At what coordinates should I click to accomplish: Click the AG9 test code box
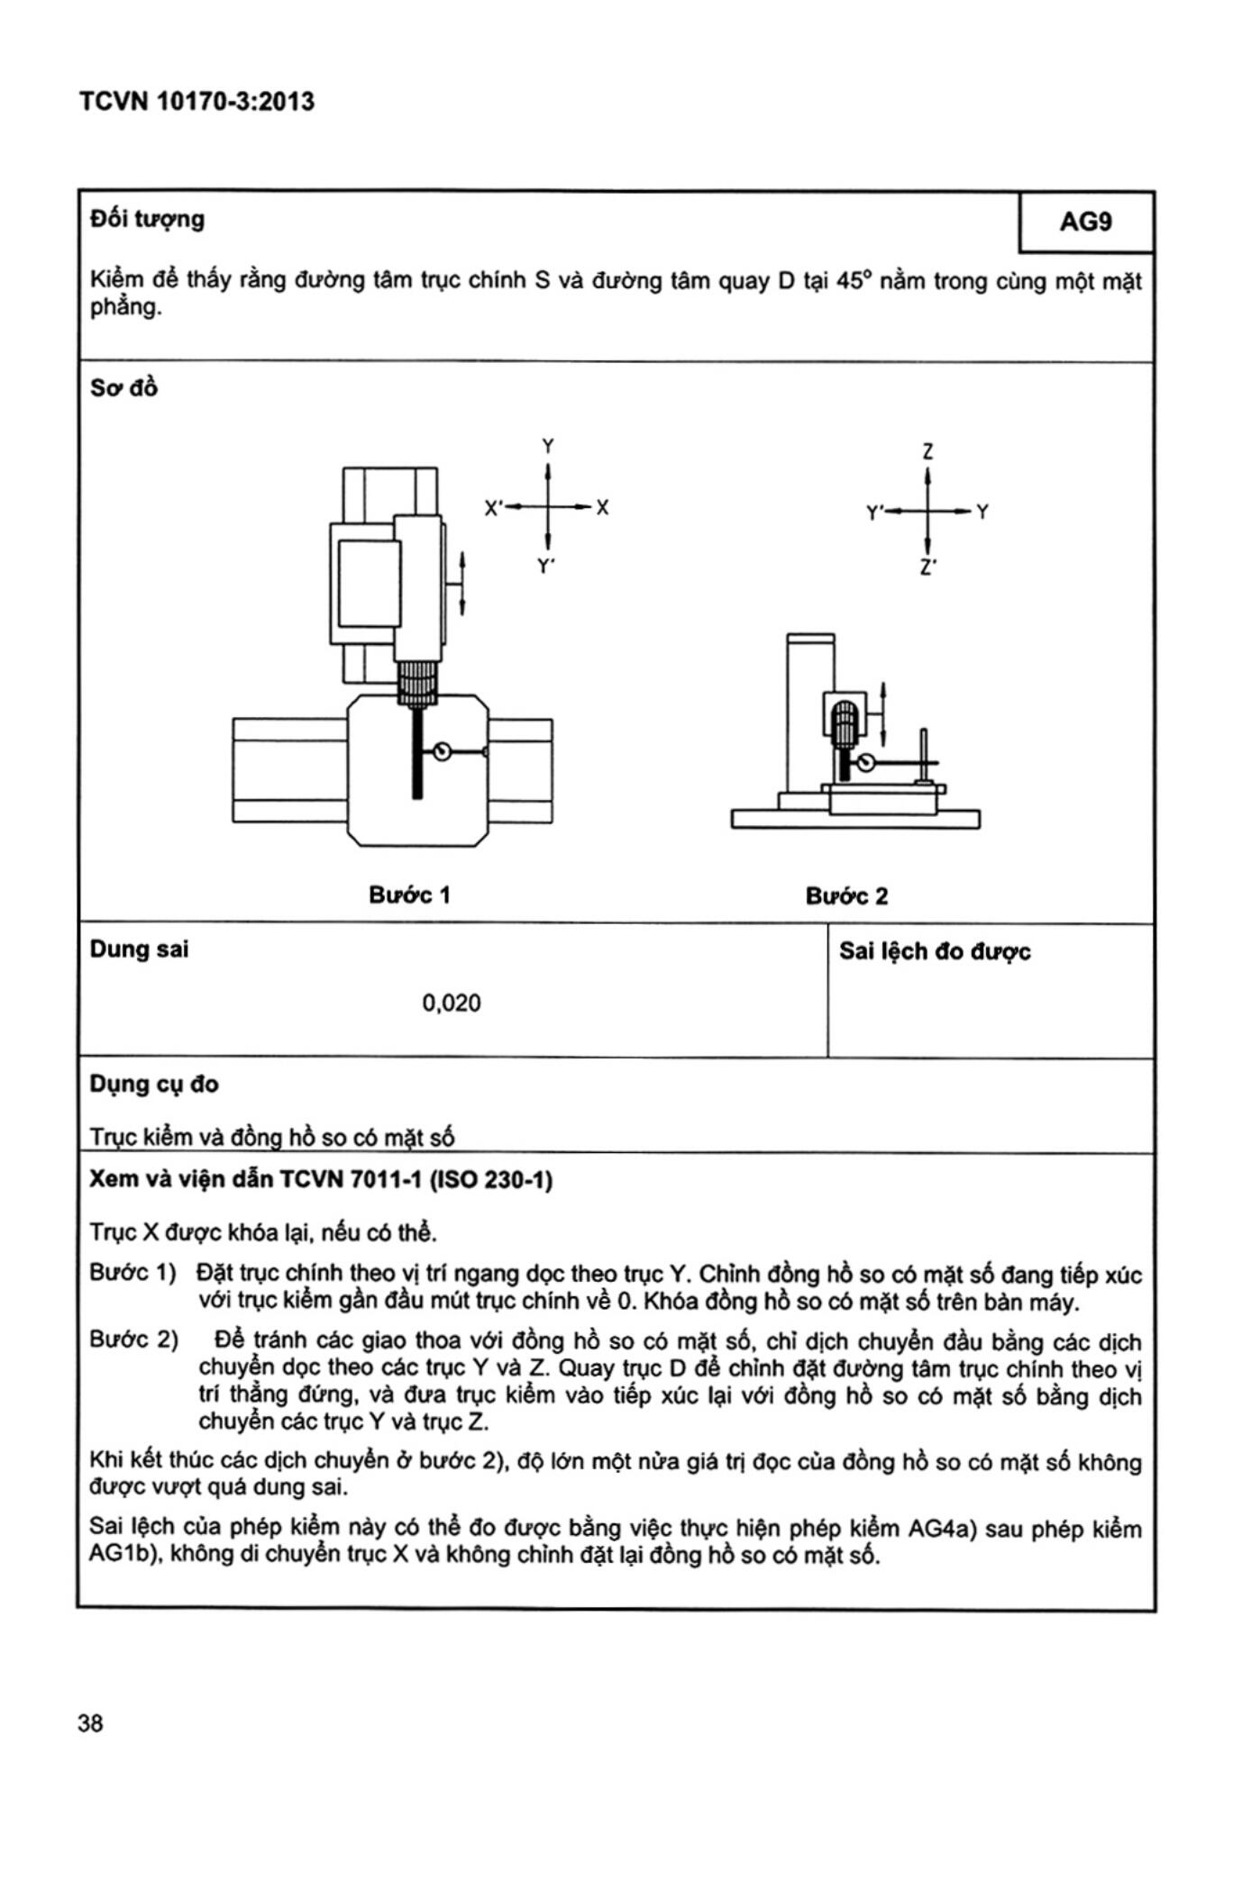(x=1085, y=222)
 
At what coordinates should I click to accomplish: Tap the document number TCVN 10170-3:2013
(x=196, y=101)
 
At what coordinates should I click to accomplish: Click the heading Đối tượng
(x=147, y=219)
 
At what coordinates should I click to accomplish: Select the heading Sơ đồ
(x=123, y=388)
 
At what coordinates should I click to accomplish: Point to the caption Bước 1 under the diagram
(x=409, y=895)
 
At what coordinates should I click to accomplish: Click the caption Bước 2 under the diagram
(x=846, y=895)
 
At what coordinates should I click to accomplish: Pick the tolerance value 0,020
(x=451, y=1003)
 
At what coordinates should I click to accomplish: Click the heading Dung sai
(x=139, y=949)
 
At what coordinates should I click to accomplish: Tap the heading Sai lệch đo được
(x=935, y=951)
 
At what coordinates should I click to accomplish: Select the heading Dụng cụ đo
(x=153, y=1084)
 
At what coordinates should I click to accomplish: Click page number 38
(x=90, y=1723)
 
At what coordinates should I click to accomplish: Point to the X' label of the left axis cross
(x=493, y=508)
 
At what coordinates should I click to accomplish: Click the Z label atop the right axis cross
(x=927, y=450)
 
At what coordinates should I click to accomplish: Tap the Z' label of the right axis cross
(x=927, y=569)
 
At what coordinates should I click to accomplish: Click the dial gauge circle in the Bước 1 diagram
(x=442, y=751)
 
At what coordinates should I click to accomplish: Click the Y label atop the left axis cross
(x=547, y=446)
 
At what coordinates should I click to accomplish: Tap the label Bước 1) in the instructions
(x=132, y=1273)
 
